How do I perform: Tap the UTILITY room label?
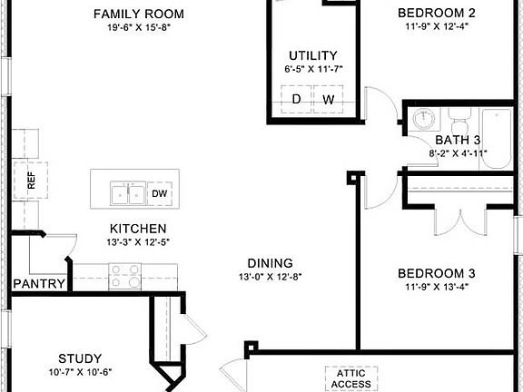pos(312,55)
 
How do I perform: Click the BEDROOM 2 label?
pos(437,13)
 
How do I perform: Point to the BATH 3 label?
pos(458,141)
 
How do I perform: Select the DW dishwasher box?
pos(159,193)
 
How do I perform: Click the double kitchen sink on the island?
pos(125,193)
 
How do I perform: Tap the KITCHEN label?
pos(137,229)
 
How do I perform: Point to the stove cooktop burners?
pos(124,276)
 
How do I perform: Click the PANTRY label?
pos(38,284)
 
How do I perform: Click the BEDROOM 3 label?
pos(437,273)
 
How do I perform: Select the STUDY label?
pos(80,358)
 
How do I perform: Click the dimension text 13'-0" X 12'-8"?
pos(270,276)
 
